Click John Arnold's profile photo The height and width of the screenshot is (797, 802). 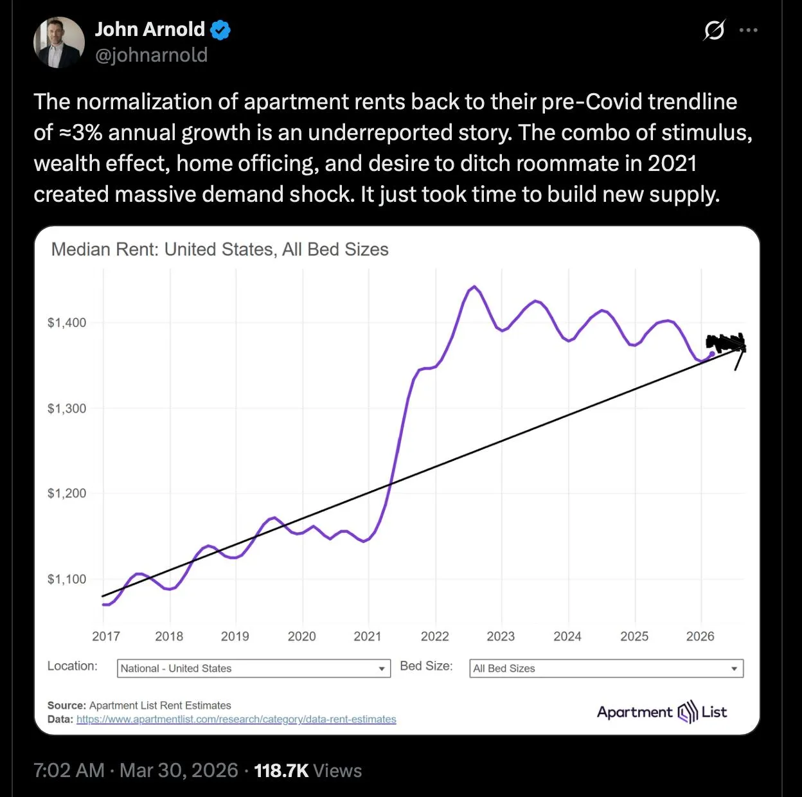(x=59, y=42)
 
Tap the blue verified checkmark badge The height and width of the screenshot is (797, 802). (x=220, y=30)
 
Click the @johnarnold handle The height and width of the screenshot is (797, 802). (x=151, y=55)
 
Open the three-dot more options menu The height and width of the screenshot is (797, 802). (x=748, y=30)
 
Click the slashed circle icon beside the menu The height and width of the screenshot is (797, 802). (x=714, y=30)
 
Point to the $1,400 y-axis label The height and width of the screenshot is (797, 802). (x=66, y=323)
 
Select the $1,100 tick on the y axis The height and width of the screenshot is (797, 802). (x=66, y=579)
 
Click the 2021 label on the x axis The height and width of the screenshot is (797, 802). (x=367, y=636)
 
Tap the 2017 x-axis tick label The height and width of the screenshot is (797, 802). (x=105, y=636)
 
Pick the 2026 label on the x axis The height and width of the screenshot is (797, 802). (x=700, y=636)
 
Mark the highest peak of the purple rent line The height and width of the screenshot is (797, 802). (x=474, y=287)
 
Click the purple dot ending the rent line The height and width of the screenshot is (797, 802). (x=711, y=354)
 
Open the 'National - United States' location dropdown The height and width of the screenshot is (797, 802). (x=253, y=668)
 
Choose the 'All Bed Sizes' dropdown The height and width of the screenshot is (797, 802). (x=606, y=668)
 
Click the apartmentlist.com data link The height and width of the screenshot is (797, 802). (x=236, y=719)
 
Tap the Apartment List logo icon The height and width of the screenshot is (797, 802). (x=687, y=712)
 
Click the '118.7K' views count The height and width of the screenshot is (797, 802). (x=281, y=771)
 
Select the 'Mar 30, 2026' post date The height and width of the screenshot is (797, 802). (x=179, y=771)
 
